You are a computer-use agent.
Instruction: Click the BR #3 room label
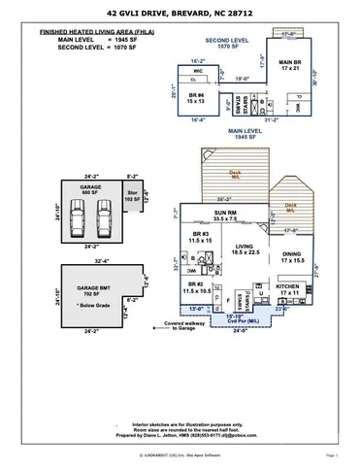tap(202, 237)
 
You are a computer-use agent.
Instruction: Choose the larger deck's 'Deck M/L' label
tap(235, 175)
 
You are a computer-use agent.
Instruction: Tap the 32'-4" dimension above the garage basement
tap(102, 261)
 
